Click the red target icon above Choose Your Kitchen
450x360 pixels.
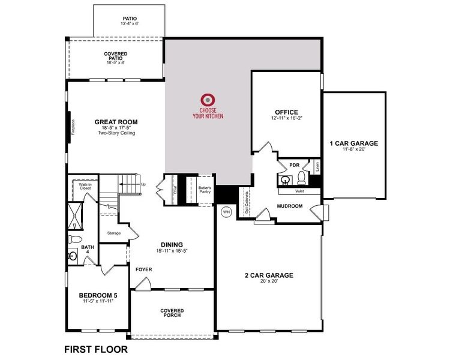coord(208,100)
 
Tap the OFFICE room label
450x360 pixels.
coord(287,112)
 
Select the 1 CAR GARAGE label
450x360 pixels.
coord(353,143)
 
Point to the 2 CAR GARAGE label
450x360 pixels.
coord(268,275)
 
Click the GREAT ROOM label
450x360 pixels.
coord(116,122)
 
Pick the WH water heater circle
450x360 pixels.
coord(226,212)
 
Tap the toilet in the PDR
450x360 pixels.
coord(301,179)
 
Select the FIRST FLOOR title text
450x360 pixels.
coord(95,349)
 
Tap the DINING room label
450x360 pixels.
coord(172,244)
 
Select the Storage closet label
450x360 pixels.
coord(114,233)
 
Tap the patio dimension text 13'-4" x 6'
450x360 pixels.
coord(130,25)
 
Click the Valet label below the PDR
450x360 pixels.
coord(299,192)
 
